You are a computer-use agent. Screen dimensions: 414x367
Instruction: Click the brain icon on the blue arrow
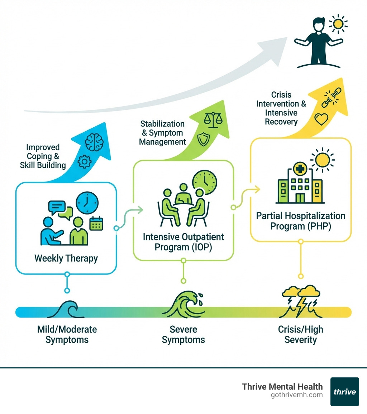(94, 142)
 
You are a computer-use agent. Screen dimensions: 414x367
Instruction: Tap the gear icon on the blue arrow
(85, 162)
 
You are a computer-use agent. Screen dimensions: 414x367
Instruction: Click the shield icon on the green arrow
(202, 139)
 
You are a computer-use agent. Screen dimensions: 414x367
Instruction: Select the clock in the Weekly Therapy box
(87, 203)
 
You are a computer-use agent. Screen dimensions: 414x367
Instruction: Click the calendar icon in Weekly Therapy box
(96, 224)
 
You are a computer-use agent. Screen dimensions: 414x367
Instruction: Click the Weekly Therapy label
(66, 258)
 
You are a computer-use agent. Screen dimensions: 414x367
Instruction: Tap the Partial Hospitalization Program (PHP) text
(300, 221)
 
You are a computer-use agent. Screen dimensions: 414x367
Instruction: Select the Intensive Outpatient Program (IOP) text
(183, 242)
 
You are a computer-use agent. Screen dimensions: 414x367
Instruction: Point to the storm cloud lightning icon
(301, 301)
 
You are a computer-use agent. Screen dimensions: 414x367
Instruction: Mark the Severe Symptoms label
(183, 334)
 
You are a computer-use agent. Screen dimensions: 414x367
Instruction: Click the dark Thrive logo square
(344, 391)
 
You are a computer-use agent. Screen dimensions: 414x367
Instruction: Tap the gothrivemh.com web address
(297, 395)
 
